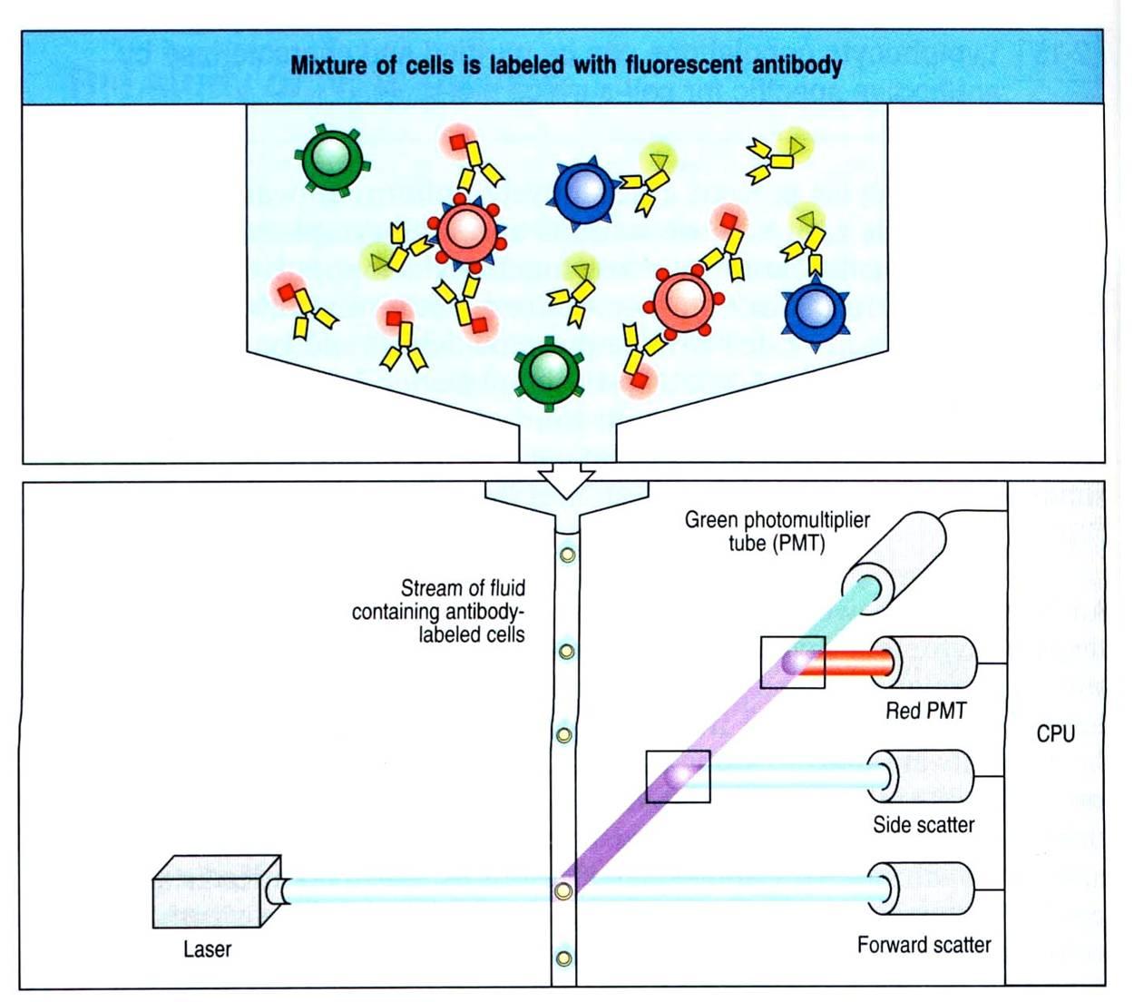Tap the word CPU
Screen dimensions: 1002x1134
tap(1055, 733)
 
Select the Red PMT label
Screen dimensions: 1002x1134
tap(925, 711)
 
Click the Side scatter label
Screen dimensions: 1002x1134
tap(924, 825)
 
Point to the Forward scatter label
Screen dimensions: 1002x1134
tap(924, 945)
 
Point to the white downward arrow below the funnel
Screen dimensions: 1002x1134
tap(566, 481)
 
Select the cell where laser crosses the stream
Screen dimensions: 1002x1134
tap(563, 890)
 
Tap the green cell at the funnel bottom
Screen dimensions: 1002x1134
tap(548, 372)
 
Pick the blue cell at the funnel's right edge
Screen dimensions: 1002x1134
tap(816, 311)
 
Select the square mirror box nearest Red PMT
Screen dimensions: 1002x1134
tap(792, 663)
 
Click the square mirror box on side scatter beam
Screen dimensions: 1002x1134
tap(678, 776)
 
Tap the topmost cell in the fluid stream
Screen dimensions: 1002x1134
tap(567, 554)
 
